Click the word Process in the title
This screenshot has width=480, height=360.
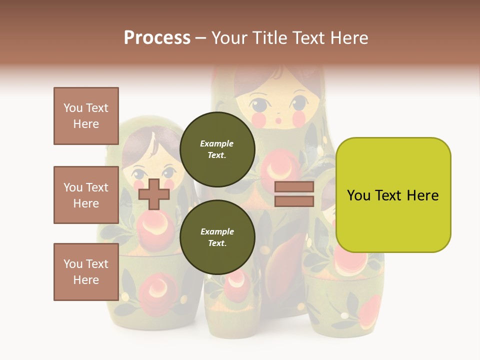(157, 38)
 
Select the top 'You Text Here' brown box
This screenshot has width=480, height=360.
(86, 116)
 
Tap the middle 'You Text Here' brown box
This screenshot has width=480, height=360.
(86, 195)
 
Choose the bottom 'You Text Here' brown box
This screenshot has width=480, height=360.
(86, 272)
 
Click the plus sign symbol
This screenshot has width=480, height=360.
(153, 194)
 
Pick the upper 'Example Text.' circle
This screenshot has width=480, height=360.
(217, 149)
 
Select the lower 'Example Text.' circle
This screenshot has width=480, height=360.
(217, 237)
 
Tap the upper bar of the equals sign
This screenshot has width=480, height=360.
(294, 187)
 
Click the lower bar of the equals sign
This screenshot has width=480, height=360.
(294, 201)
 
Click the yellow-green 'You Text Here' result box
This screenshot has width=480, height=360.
(393, 195)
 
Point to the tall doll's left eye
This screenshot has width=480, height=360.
(259, 105)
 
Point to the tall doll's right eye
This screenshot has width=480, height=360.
(299, 104)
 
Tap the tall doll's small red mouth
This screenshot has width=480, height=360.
(279, 120)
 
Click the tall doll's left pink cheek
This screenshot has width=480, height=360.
(259, 119)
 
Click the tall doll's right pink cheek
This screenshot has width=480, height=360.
(299, 119)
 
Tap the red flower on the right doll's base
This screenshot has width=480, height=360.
(370, 307)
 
